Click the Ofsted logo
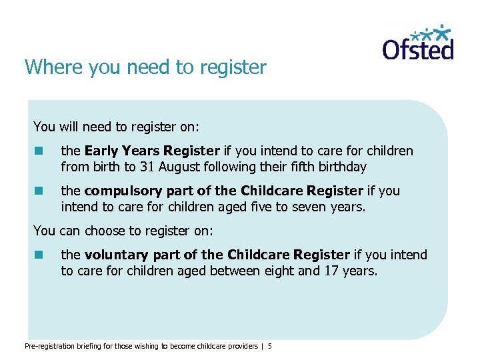click(418, 43)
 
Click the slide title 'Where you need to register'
click(145, 67)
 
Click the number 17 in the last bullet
click(330, 271)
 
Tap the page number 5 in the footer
click(270, 346)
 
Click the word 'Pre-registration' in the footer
click(49, 346)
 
